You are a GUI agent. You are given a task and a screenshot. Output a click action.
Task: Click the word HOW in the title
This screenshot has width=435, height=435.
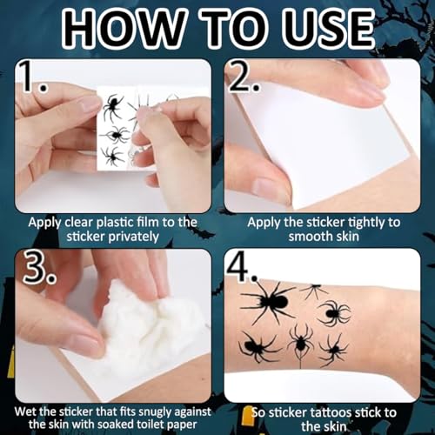pyautogui.click(x=124, y=29)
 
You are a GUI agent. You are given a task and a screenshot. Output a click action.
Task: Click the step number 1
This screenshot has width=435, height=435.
pyautogui.click(x=31, y=77)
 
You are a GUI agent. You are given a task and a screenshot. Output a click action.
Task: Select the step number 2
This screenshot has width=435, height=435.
pyautogui.click(x=243, y=77)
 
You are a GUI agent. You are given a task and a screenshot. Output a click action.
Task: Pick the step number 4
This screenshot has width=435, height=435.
pyautogui.click(x=242, y=268)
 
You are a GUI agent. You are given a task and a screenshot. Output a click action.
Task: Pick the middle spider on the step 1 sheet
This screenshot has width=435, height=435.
pyautogui.click(x=115, y=135)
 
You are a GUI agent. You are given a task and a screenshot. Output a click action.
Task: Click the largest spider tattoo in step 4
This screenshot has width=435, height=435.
pyautogui.click(x=270, y=302)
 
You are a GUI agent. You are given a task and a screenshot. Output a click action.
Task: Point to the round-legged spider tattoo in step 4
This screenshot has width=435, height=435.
pyautogui.click(x=333, y=313)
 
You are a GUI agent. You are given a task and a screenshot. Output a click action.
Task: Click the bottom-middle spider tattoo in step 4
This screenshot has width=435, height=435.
pyautogui.click(x=301, y=344)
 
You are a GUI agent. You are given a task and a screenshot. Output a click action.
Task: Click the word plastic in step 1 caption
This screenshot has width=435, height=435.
pyautogui.click(x=113, y=223)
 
